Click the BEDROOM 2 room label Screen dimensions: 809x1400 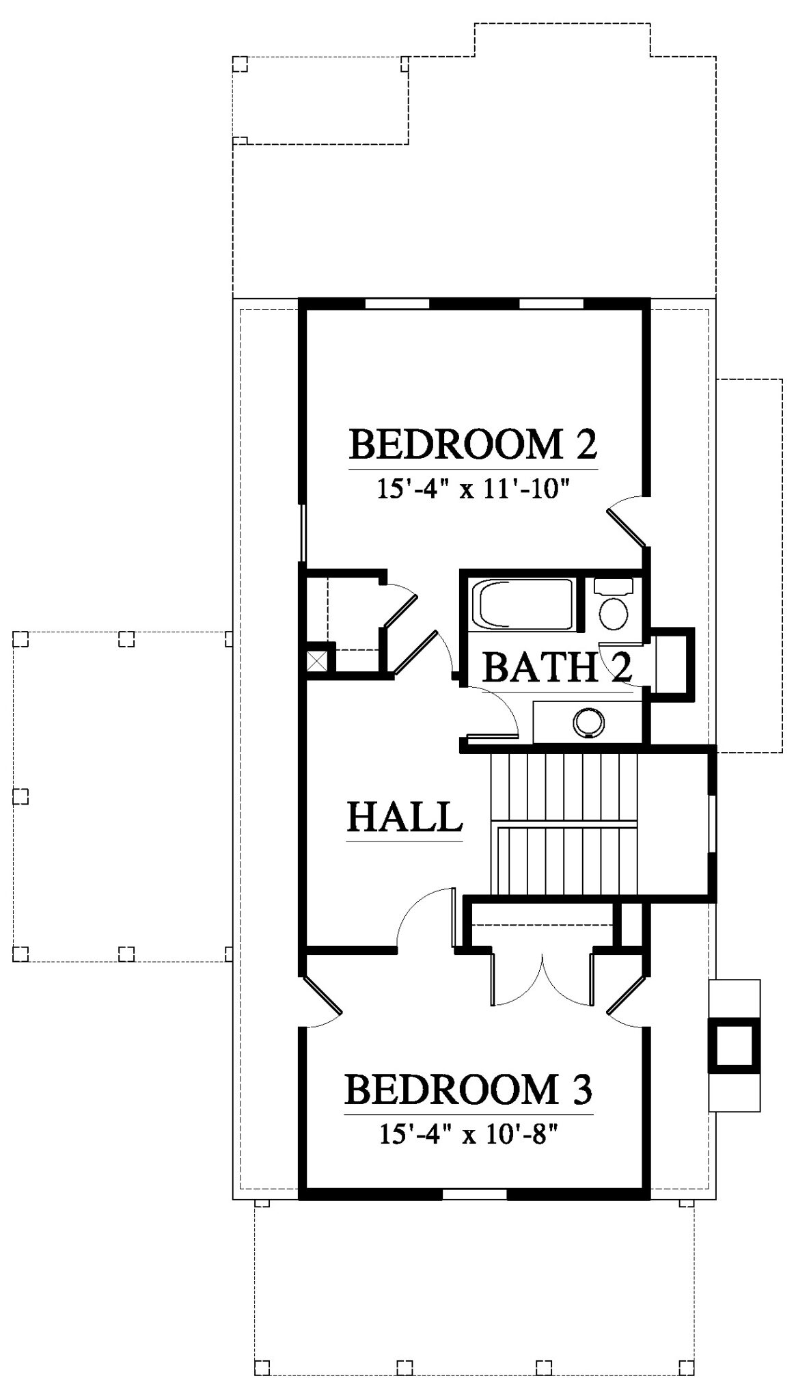[x=474, y=444]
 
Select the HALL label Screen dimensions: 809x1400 [x=404, y=816]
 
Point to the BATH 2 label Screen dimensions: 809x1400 [x=557, y=667]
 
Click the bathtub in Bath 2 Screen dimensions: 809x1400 [x=523, y=604]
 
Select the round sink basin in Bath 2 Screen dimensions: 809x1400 [x=589, y=722]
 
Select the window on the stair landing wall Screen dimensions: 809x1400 [x=711, y=824]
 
